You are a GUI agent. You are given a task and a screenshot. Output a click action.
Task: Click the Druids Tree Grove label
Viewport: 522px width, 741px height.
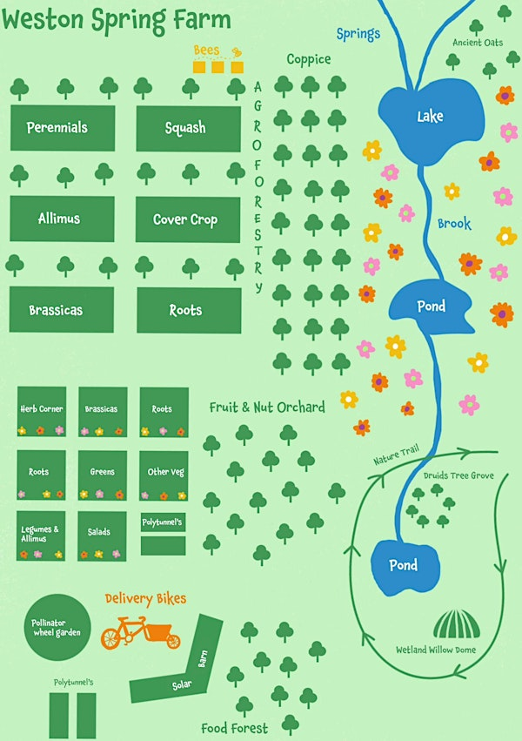coord(458,476)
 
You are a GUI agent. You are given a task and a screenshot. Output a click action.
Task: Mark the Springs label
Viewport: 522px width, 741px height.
coord(358,34)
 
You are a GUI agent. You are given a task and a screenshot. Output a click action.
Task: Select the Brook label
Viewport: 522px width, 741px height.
coord(454,224)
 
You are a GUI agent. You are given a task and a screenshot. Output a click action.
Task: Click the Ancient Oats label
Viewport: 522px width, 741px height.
coord(478,43)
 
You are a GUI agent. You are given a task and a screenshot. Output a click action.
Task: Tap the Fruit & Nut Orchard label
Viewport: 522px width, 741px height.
coord(267,407)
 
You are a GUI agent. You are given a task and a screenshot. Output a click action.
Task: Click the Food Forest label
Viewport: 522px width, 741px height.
coord(235,727)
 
